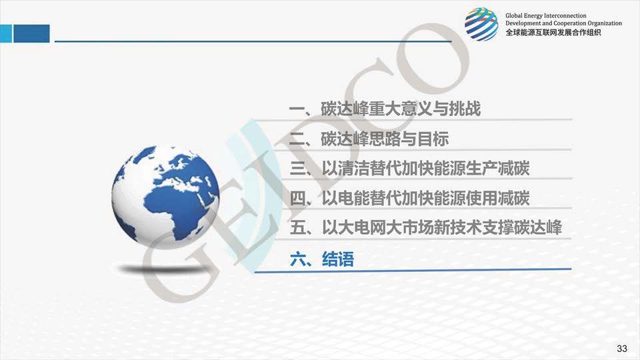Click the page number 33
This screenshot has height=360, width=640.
tap(621, 348)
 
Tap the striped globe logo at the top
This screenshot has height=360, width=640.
tap(481, 24)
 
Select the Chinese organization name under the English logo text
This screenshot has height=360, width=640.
tap(553, 33)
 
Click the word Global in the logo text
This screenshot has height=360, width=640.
tap(514, 16)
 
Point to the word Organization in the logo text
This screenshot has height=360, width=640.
tap(605, 24)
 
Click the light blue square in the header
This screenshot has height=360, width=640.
tap(6, 33)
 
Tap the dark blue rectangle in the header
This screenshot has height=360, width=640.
tap(31, 33)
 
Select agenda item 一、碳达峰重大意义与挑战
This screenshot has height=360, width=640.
tap(385, 109)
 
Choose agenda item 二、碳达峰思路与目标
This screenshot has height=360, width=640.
tap(369, 139)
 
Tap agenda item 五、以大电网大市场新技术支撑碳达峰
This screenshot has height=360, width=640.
tap(426, 228)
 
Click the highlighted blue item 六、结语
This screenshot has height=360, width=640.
tap(321, 259)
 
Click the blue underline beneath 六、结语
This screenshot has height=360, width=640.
tap(413, 270)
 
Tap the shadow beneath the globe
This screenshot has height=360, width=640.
tap(161, 269)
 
